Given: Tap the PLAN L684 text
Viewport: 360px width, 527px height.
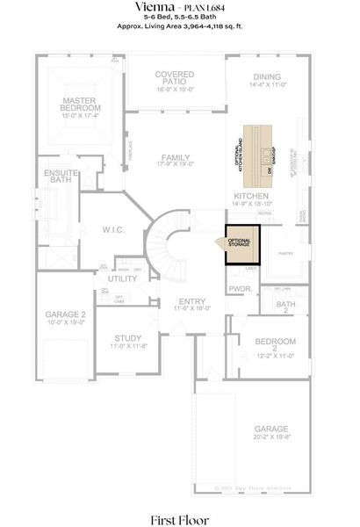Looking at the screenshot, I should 205,7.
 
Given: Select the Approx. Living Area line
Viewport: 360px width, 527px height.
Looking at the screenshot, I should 179,27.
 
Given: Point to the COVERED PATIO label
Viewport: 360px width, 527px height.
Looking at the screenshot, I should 174,81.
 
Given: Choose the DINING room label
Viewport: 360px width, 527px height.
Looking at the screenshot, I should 267,81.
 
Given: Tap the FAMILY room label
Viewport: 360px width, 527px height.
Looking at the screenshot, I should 174,159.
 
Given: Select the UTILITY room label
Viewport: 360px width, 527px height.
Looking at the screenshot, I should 122,278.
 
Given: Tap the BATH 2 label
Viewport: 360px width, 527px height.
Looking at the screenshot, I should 285,307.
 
